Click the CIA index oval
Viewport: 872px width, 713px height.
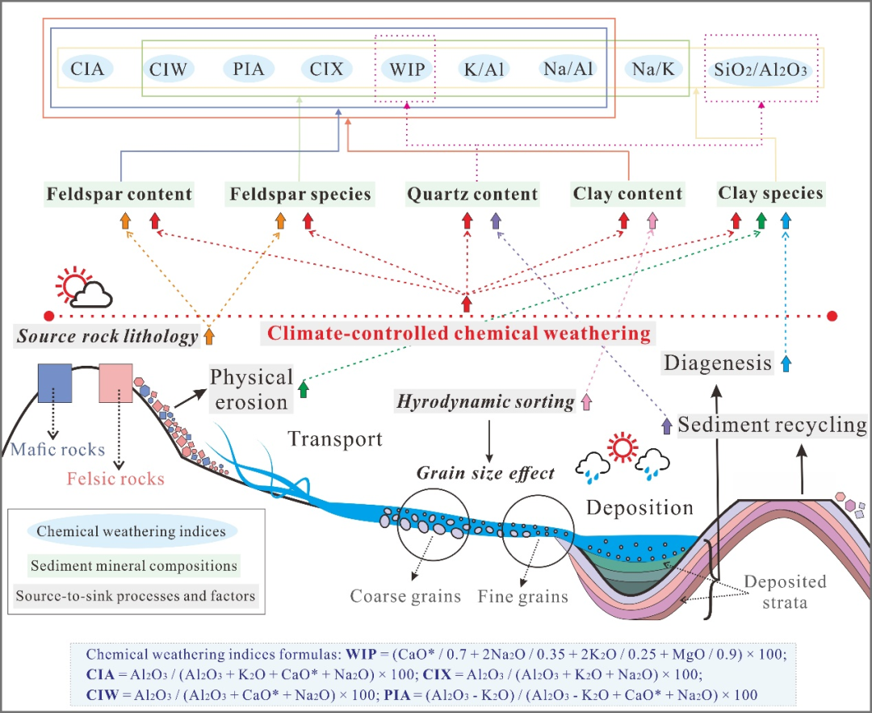[x=87, y=69]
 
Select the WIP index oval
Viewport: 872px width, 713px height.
[x=405, y=69]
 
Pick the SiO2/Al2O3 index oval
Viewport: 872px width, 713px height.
[x=761, y=69]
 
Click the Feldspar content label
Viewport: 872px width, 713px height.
[x=119, y=195]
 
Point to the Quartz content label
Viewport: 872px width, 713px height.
[x=472, y=195]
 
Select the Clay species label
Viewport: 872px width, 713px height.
[x=771, y=194]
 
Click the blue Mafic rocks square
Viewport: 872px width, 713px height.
[x=56, y=383]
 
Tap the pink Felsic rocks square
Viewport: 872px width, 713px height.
[x=115, y=383]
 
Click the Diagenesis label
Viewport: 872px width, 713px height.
[x=718, y=363]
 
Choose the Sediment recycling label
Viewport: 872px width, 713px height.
[x=773, y=424]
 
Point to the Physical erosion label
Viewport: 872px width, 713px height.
[x=251, y=389]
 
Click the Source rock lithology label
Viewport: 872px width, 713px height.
[x=107, y=336]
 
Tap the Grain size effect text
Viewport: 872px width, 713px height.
[x=485, y=473]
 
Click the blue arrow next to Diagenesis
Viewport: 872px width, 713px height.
[x=787, y=363]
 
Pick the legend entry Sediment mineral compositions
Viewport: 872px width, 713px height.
[x=134, y=565]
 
